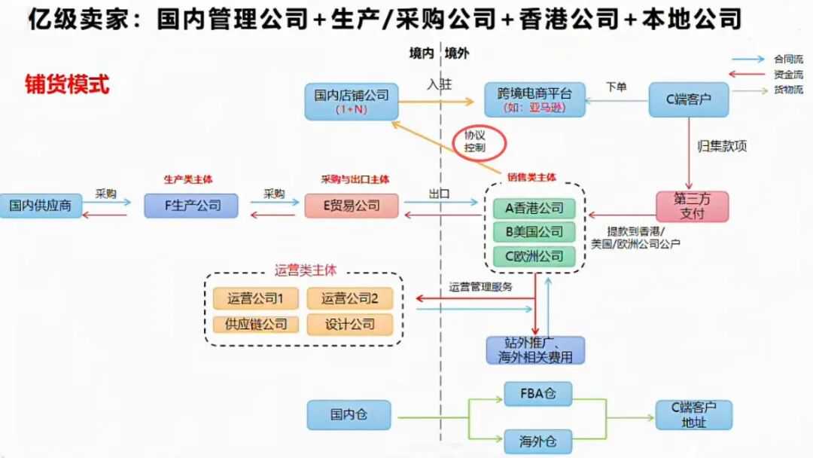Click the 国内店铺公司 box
[352, 101]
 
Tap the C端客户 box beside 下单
[689, 99]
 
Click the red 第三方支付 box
[693, 206]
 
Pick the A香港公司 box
[534, 208]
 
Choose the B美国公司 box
[534, 232]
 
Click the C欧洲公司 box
[534, 256]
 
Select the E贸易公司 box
[352, 206]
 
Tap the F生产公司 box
[191, 206]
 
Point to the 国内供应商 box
[41, 206]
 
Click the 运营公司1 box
[255, 299]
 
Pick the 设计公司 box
[350, 325]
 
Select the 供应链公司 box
[255, 325]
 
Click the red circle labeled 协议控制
[480, 141]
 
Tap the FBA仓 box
[537, 393]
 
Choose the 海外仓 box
[537, 439]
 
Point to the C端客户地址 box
[693, 415]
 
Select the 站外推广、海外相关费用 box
[534, 350]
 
